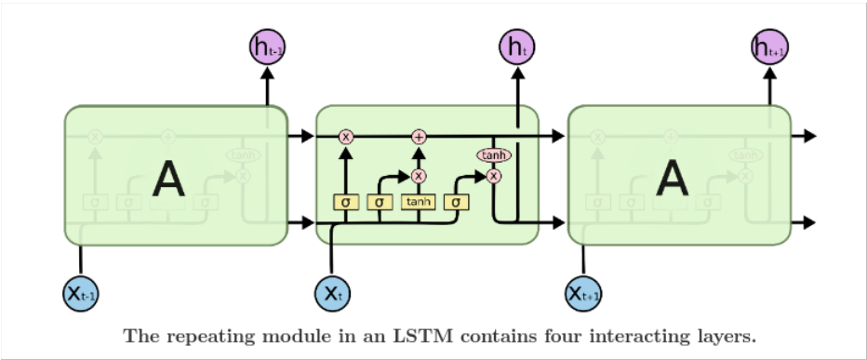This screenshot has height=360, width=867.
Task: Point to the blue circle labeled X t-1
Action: [x=81, y=294]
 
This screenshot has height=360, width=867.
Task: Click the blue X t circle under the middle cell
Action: [x=332, y=294]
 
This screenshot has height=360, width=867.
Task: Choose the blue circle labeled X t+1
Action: [x=584, y=294]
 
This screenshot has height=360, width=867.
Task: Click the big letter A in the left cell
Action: [x=168, y=179]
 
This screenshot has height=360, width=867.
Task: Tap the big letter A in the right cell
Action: [x=673, y=179]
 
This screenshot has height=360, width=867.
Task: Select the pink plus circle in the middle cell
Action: [x=419, y=137]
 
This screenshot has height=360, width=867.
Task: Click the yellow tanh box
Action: [x=419, y=200]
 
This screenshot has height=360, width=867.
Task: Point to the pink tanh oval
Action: [x=494, y=155]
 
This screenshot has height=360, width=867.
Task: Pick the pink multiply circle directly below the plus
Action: [x=419, y=175]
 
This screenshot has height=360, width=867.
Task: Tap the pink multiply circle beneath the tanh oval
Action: [x=494, y=175]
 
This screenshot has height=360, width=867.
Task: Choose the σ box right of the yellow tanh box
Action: [x=457, y=200]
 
